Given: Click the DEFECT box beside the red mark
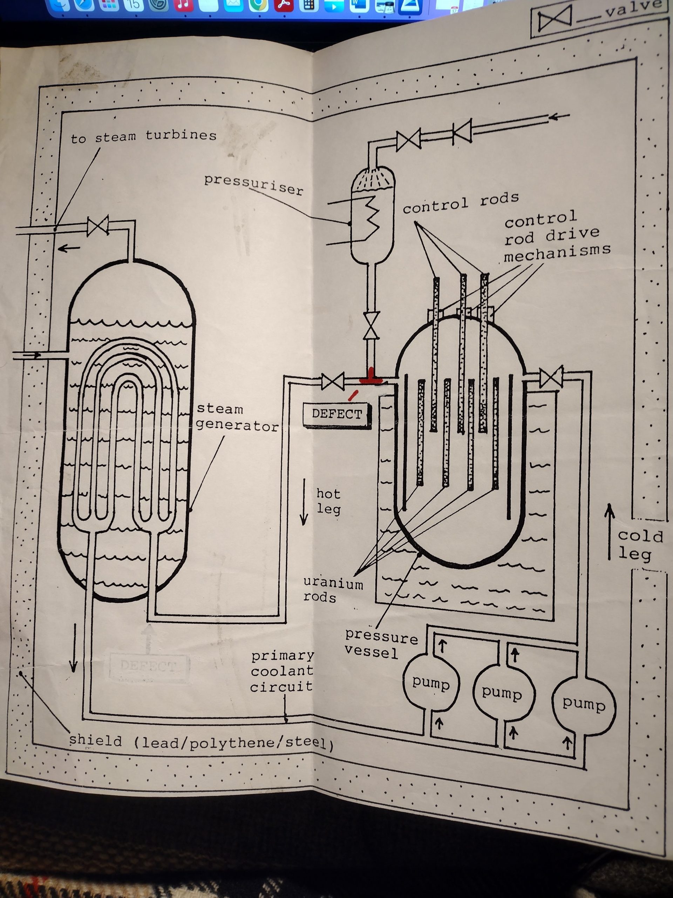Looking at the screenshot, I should click(x=336, y=415).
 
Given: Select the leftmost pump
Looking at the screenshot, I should click(x=431, y=684).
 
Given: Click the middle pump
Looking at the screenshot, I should click(x=502, y=692).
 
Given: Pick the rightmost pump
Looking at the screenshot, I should click(x=583, y=704).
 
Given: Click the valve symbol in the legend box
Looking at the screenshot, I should click(x=555, y=18).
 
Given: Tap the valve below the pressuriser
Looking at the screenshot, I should click(x=371, y=325).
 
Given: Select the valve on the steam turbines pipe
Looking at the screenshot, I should click(x=98, y=225).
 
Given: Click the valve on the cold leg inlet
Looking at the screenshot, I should click(x=551, y=377).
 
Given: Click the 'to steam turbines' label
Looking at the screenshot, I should click(x=144, y=137).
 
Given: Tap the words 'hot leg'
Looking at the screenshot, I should click(x=328, y=501).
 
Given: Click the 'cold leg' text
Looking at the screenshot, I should click(x=639, y=545).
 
